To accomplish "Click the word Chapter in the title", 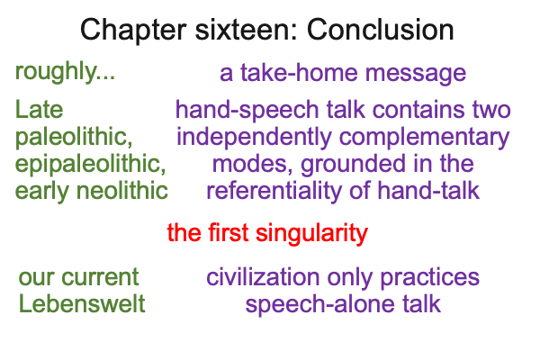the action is click(x=133, y=31).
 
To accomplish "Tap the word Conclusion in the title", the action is click(x=380, y=30).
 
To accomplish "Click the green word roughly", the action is click(x=65, y=73).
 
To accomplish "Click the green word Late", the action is click(x=40, y=110).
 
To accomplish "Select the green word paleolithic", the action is click(x=74, y=137).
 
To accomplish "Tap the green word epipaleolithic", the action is click(x=91, y=165).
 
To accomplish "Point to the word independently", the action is click(x=254, y=138).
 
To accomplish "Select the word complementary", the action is click(x=424, y=138).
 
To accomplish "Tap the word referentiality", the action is click(x=274, y=191).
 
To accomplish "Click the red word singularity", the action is click(x=312, y=234).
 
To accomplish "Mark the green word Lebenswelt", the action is click(x=82, y=304).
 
